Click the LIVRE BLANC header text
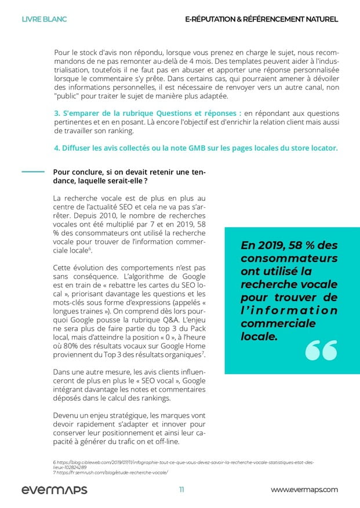[x=44, y=19]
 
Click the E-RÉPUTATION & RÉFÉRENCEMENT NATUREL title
[x=261, y=19]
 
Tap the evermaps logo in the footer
[x=54, y=489]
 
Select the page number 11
[x=181, y=489]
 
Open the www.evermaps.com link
[x=304, y=489]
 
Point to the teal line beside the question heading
[x=33, y=171]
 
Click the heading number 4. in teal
[x=57, y=148]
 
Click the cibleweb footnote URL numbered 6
[x=183, y=463]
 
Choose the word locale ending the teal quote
[x=259, y=335]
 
